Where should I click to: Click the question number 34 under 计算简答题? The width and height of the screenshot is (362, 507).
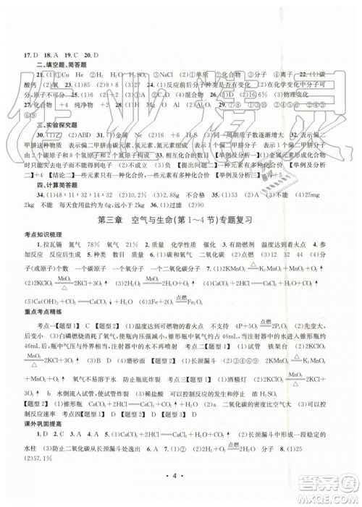coord(30,194)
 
